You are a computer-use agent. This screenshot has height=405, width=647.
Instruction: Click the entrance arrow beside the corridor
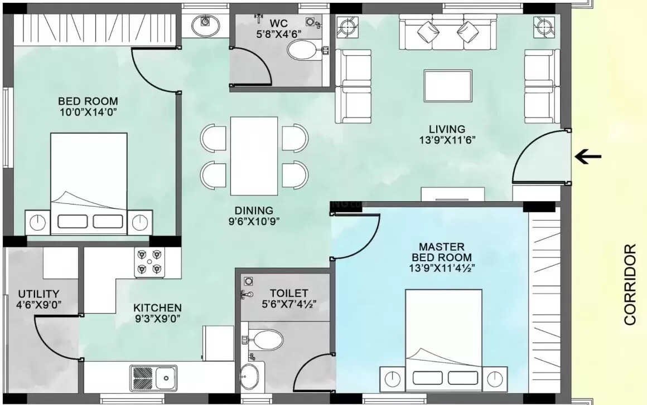coord(588,157)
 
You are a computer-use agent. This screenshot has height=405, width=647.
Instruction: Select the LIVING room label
coord(443,129)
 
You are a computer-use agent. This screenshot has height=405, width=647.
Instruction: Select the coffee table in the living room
coord(448,86)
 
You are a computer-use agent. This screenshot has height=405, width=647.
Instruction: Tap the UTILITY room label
coord(38,294)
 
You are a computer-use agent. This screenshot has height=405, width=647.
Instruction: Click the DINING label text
coord(254,211)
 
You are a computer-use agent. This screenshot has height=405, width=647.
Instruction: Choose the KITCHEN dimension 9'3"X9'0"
coord(157,319)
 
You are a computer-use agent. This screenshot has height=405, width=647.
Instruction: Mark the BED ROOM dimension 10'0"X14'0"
coord(88,112)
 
